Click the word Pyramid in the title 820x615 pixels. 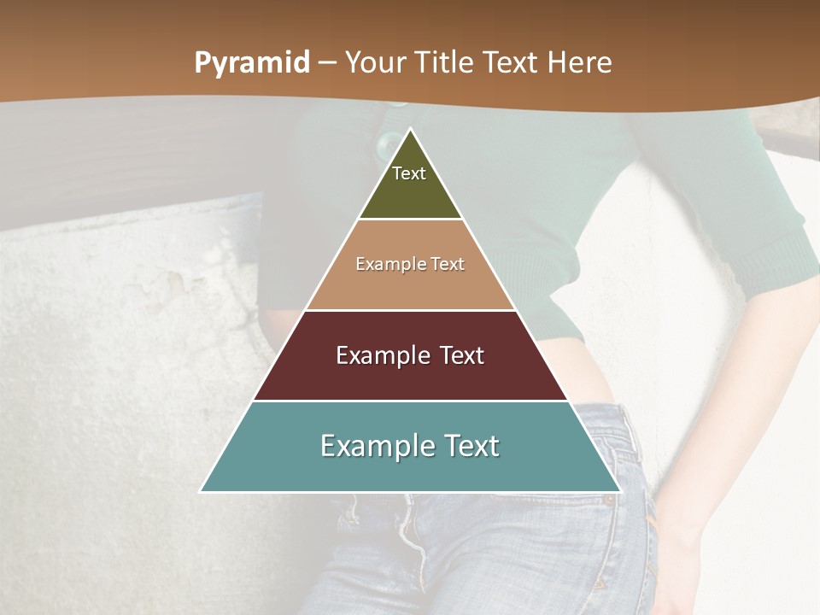[x=252, y=63]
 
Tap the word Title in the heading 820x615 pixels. [x=448, y=63]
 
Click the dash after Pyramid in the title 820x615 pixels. [x=327, y=63]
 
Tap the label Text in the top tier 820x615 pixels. [x=409, y=173]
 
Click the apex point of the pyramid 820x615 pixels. [x=410, y=128]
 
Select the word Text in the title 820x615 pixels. [x=510, y=63]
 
